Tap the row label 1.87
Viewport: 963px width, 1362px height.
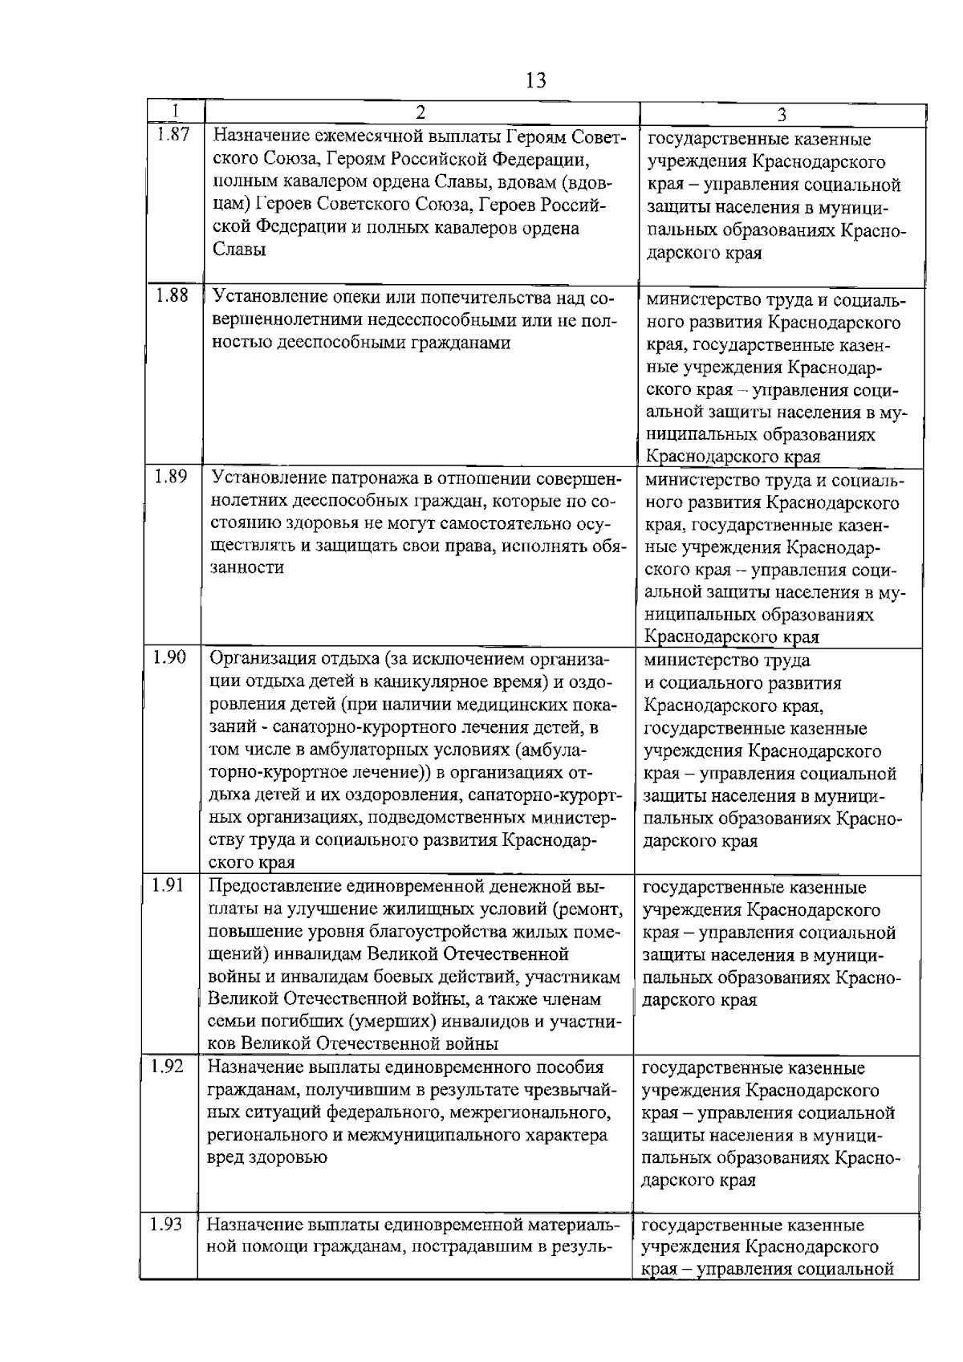click(172, 136)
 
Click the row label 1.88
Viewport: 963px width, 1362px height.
click(172, 296)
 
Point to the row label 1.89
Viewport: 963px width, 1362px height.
click(170, 477)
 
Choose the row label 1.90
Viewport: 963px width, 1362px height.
click(169, 657)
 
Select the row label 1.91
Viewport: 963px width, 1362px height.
click(169, 885)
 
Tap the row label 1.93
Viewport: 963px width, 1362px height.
click(167, 1225)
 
